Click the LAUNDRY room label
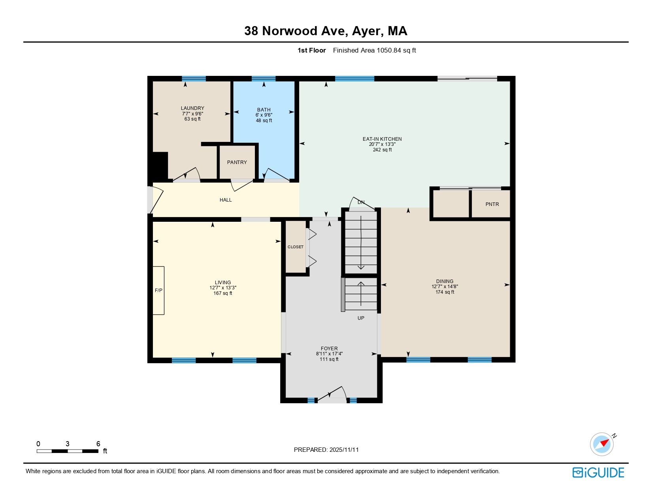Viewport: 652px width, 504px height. pos(192,108)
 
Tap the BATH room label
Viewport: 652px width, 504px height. pos(264,110)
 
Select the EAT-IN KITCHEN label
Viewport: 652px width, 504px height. pos(382,139)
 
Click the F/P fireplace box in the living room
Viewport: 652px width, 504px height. pos(158,291)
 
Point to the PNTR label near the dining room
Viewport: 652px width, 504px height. pos(492,204)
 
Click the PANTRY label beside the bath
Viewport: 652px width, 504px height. pos(237,162)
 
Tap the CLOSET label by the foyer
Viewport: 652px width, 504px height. pos(296,247)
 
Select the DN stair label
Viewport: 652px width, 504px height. pos(361,202)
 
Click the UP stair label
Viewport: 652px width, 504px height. pos(361,318)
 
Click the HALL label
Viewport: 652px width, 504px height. pos(226,200)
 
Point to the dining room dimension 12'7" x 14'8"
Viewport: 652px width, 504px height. pos(445,287)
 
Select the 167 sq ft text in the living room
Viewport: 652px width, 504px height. pos(223,293)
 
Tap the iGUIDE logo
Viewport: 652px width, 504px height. pos(598,472)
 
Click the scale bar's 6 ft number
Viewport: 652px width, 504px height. pos(98,444)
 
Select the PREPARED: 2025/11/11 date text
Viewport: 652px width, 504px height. pos(326,450)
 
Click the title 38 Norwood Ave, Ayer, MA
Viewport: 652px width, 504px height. pos(326,31)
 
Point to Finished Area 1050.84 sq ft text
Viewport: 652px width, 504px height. pos(374,50)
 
